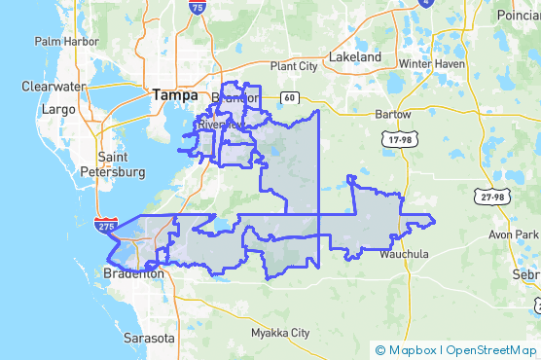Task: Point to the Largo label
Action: (x=58, y=109)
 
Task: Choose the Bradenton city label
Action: (x=134, y=274)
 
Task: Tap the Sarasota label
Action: (x=149, y=338)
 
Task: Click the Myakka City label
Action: (x=279, y=333)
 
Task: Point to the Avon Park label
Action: (x=513, y=234)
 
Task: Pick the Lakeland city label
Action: (x=355, y=57)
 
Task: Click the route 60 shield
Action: (x=291, y=97)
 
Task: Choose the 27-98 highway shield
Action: (x=492, y=198)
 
